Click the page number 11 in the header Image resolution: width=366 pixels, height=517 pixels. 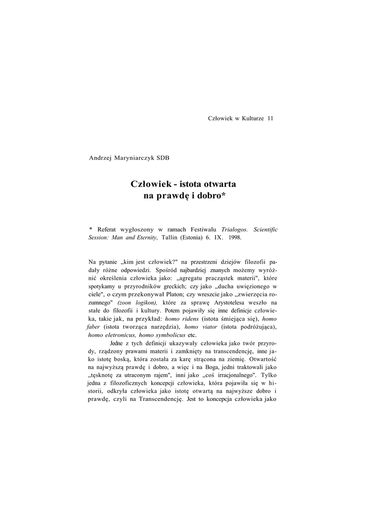coord(271,118)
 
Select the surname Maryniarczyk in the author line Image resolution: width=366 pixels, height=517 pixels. coord(136,158)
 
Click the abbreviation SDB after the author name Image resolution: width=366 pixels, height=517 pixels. coord(163,158)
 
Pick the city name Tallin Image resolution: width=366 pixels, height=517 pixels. coord(171,237)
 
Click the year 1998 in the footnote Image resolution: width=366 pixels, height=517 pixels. coord(235,237)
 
